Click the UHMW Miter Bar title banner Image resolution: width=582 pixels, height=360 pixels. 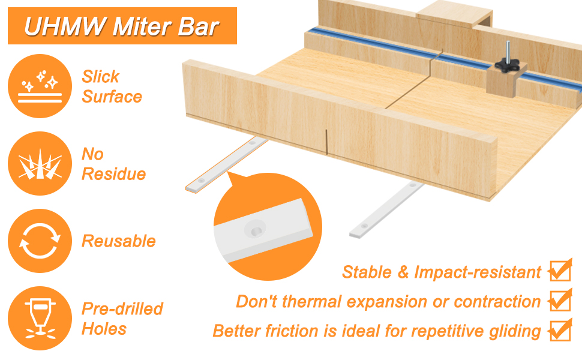[122, 26]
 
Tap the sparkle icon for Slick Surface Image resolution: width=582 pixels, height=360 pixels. [40, 86]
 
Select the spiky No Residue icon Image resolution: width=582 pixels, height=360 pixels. [40, 163]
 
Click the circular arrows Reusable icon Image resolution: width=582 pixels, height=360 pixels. [40, 241]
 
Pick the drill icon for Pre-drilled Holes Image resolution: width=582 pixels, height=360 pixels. [40, 319]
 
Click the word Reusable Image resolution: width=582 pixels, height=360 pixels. [118, 241]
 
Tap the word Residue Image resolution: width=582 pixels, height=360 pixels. [113, 174]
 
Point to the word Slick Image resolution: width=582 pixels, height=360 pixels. [101, 77]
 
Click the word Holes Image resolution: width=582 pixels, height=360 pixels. [104, 329]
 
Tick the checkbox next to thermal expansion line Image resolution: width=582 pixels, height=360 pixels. [560, 301]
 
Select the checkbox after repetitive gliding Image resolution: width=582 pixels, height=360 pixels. [560, 330]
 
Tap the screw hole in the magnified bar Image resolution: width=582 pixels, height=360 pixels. [256, 230]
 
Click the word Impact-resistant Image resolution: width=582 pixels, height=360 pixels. [478, 272]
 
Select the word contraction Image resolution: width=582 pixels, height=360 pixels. [497, 302]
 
